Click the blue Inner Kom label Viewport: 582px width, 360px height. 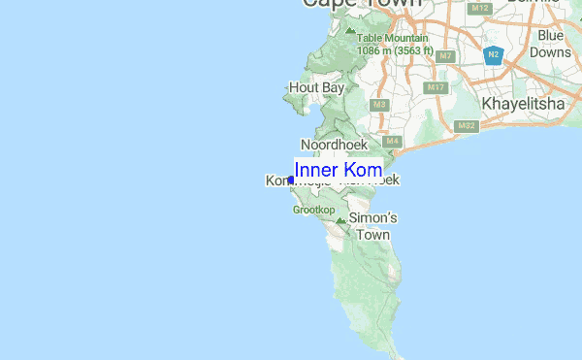coord(338,170)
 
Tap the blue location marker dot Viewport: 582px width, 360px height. coord(291,180)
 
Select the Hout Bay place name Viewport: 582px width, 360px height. coord(316,87)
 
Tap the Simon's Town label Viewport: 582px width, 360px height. coord(372,226)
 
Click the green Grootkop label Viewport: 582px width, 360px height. coord(313,209)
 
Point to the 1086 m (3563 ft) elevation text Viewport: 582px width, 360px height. coord(394,49)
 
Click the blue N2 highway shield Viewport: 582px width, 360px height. coord(494,54)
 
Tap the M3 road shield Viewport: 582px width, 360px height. coord(379,104)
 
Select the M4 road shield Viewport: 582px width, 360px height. coord(392,142)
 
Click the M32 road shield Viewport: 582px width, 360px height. coord(467,125)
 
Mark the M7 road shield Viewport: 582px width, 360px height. coord(445,56)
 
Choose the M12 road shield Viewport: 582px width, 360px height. coord(479,9)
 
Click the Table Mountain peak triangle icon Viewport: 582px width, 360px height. coord(350,30)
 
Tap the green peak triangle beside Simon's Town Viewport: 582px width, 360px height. coord(340,221)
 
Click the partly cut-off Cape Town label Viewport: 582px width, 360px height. coord(362,4)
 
